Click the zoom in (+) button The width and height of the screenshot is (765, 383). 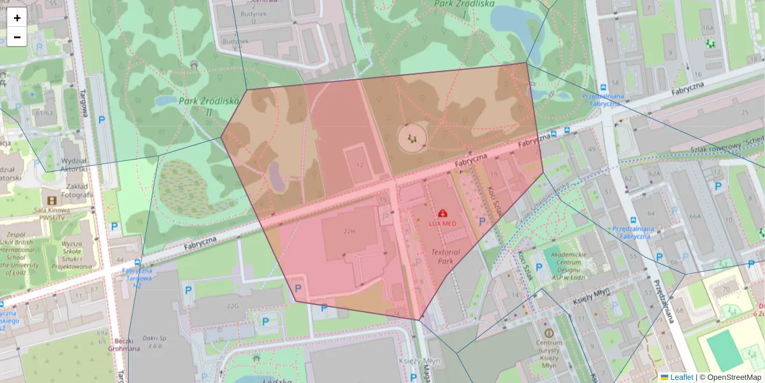click(17, 17)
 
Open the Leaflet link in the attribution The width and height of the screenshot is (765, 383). click(681, 377)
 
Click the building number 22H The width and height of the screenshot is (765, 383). click(349, 232)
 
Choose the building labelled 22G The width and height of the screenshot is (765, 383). click(231, 307)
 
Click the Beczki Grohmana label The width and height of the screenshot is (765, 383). click(124, 345)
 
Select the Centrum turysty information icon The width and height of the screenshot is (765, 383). click(548, 333)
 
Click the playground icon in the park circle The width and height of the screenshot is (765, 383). click(411, 137)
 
